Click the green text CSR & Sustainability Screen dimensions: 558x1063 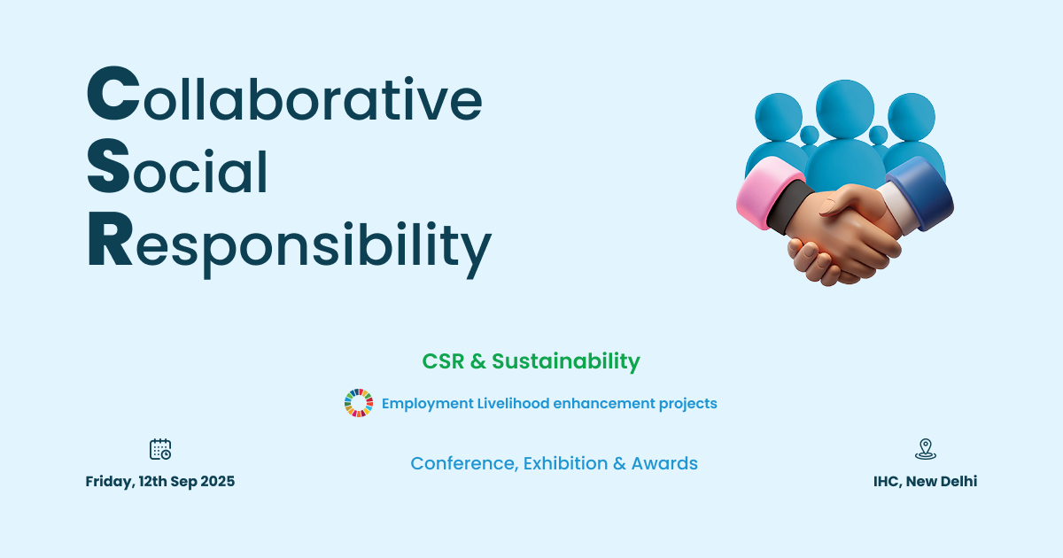pos(531,361)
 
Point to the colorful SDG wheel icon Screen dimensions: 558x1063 pos(359,403)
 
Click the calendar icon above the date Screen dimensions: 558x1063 pos(160,449)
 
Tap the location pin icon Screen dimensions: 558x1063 pos(925,449)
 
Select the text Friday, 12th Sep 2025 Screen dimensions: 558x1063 pos(160,482)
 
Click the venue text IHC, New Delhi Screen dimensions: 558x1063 pos(925,482)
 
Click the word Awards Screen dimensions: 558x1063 pos(664,463)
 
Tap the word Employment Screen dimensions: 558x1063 pos(427,404)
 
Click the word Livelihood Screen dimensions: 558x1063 pos(513,404)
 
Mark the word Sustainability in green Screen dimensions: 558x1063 pos(565,361)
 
